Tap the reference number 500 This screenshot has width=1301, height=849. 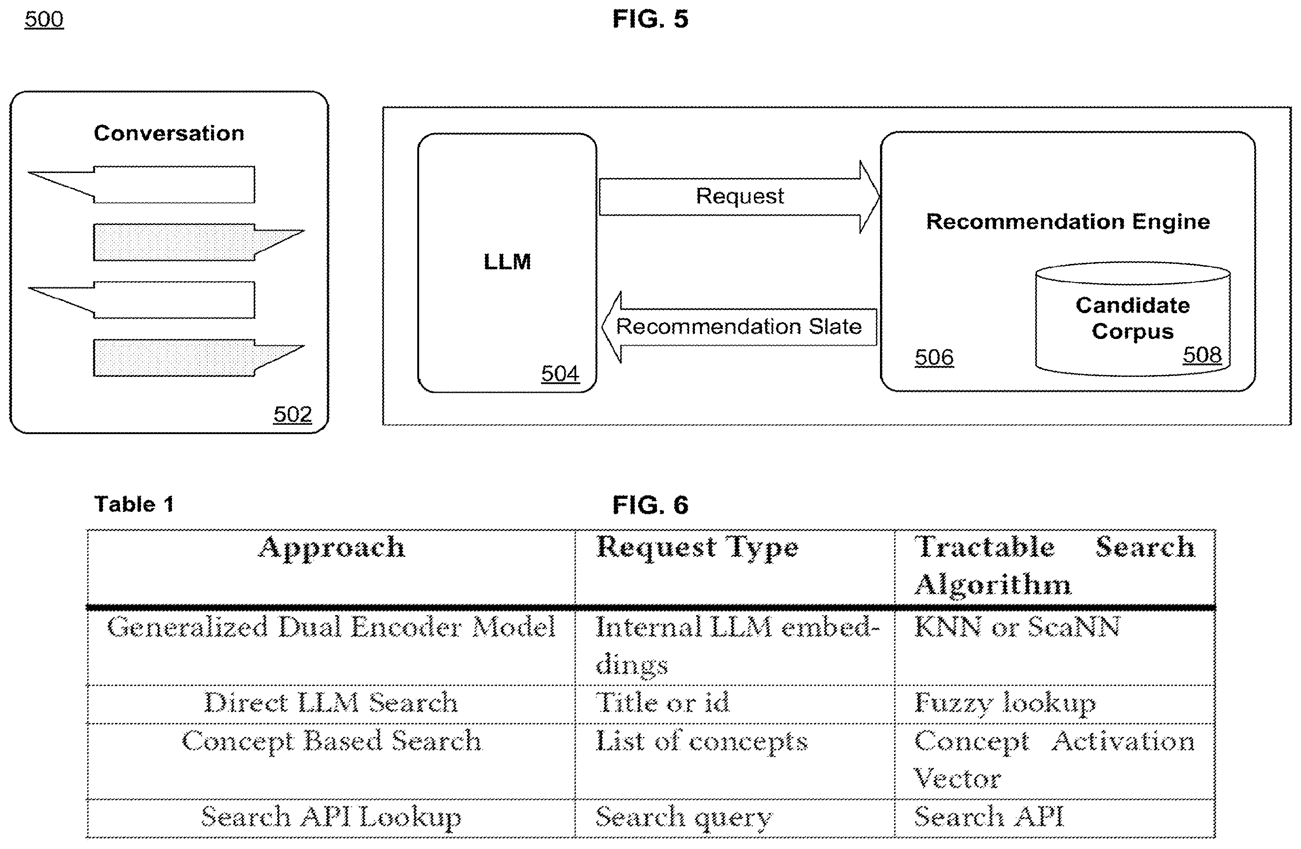click(44, 19)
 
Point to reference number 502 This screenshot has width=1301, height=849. click(293, 414)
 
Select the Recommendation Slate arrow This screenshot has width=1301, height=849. click(739, 327)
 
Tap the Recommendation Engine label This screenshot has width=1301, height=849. click(1068, 221)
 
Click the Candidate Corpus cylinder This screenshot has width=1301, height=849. click(1133, 319)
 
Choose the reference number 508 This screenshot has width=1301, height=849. click(1202, 355)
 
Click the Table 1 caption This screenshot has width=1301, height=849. click(134, 504)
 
